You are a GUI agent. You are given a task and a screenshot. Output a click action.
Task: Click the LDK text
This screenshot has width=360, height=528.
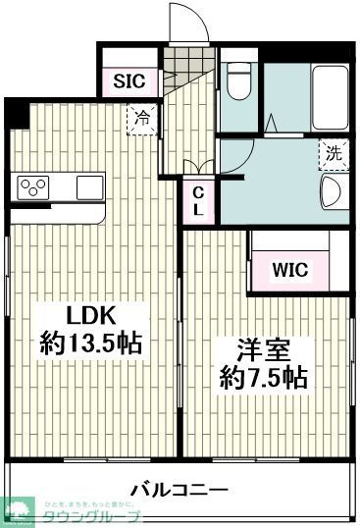[91, 315]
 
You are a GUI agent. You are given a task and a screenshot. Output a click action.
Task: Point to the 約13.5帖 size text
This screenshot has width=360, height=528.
[91, 343]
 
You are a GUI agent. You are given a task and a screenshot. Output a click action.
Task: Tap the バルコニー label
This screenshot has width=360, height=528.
[179, 489]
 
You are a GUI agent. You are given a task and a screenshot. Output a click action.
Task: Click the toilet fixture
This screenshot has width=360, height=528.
[238, 85]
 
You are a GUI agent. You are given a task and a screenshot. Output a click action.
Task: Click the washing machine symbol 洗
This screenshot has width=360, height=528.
[334, 153]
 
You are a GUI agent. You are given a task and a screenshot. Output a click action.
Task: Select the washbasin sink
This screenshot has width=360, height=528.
[331, 191]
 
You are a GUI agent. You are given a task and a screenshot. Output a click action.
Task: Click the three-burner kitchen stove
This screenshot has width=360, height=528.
[33, 185]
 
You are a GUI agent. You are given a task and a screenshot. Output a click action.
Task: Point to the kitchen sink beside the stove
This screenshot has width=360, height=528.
[89, 185]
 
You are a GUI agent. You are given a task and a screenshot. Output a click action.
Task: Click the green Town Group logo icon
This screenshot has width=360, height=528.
[19, 510]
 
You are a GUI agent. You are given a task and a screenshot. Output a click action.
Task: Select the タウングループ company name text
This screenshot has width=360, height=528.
[93, 516]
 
